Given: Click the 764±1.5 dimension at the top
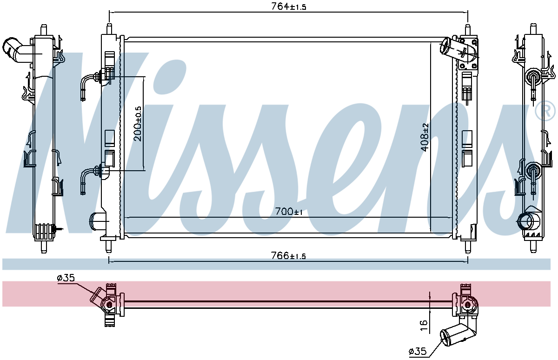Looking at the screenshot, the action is (288, 7).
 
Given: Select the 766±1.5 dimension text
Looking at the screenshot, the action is (288, 256).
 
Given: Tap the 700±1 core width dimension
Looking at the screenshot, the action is (289, 212).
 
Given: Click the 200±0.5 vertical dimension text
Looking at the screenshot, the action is (137, 124).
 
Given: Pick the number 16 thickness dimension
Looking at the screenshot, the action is (424, 326).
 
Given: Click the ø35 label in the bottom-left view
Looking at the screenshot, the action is (66, 278).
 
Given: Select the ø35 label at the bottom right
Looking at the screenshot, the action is (418, 352).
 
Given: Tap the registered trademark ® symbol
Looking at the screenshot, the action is (546, 111).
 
